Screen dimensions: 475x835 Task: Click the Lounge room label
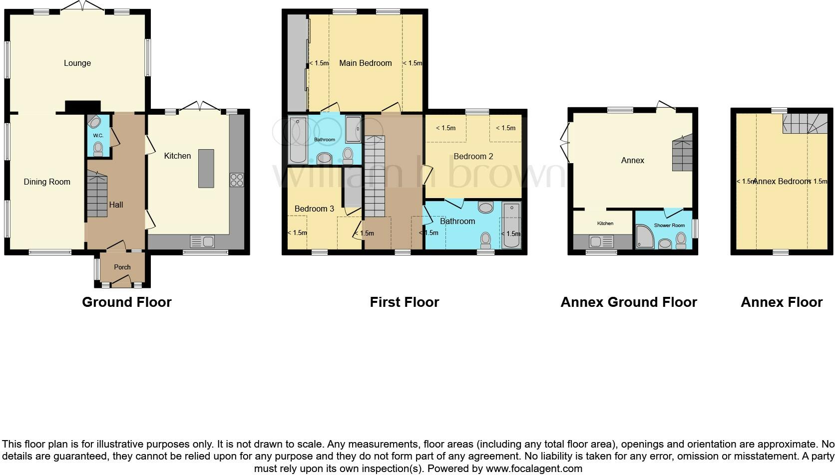coord(77,63)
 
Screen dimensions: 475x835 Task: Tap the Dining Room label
coord(47,182)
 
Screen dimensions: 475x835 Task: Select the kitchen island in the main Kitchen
coord(206,168)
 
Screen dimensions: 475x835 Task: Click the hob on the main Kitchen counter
coord(237,180)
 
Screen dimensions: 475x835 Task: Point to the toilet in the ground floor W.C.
coord(98,149)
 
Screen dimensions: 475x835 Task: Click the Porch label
coord(122,267)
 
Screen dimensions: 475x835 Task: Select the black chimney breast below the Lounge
coord(82,107)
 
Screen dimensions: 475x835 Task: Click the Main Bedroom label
coord(366,63)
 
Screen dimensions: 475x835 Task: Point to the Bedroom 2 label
coord(473,157)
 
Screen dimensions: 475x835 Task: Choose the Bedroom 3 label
coord(314,209)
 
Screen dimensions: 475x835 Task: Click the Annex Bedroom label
coord(781,182)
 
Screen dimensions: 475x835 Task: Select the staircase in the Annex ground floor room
coord(682,154)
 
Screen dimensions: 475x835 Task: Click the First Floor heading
coord(405,302)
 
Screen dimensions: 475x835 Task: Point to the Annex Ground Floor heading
coord(629,302)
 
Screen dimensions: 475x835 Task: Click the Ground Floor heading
coord(127,302)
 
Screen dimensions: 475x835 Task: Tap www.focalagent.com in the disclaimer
coord(534,469)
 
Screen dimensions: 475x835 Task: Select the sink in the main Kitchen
coord(202,242)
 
